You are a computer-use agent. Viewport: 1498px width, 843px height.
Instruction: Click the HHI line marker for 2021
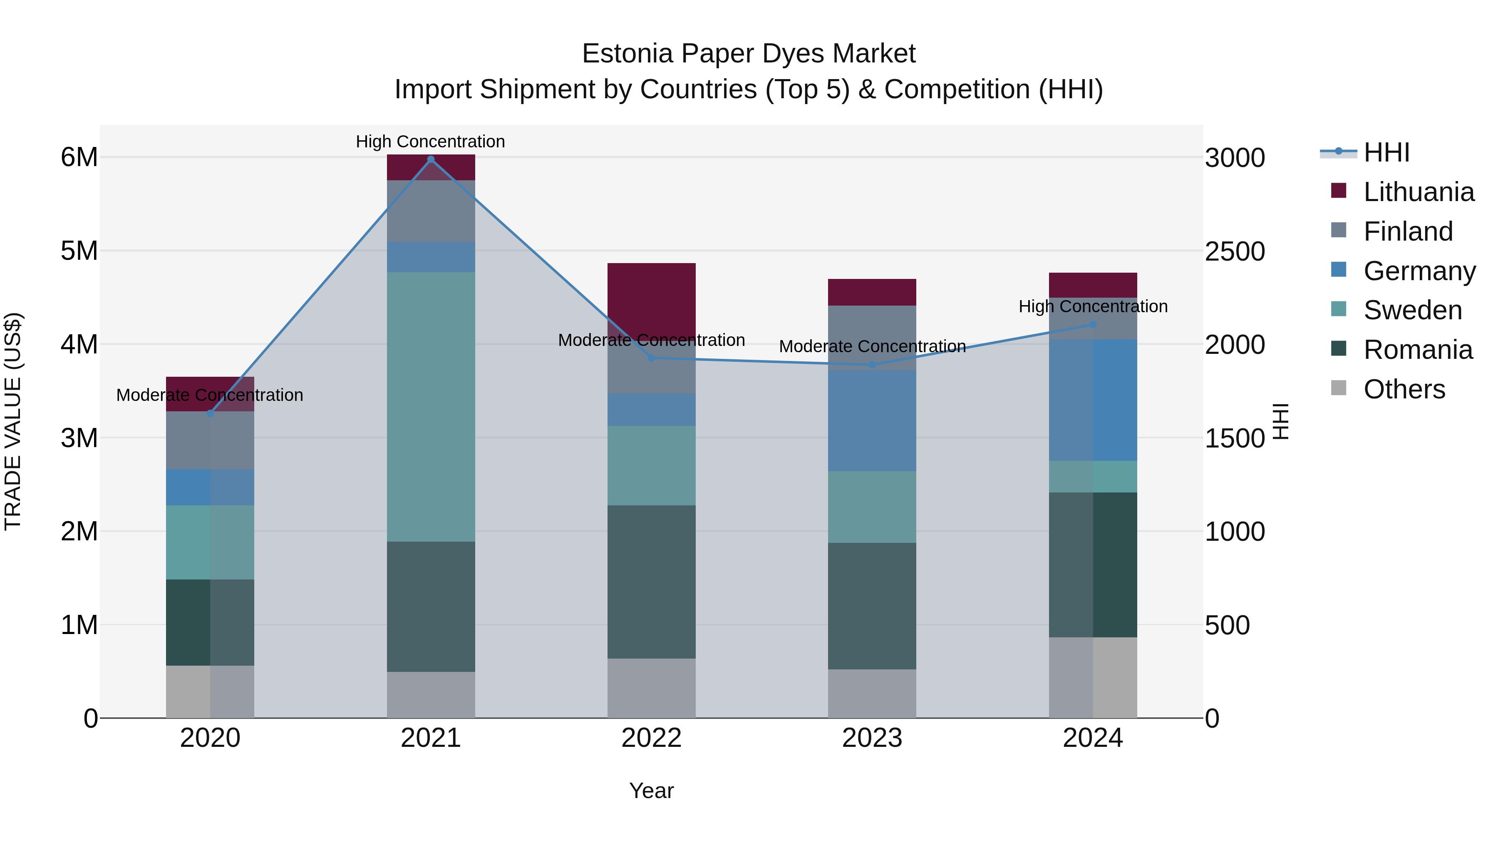431,159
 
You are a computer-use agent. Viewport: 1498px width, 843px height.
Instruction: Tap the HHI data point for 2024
1093,325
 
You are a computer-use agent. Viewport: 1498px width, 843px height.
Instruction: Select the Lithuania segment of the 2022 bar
651,297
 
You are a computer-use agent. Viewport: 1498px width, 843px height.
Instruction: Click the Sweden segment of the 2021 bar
431,407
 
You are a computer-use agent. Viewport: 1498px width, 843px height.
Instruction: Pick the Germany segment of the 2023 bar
872,420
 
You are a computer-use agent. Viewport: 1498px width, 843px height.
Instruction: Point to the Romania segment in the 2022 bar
651,582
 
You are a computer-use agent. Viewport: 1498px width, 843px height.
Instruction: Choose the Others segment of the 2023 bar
872,694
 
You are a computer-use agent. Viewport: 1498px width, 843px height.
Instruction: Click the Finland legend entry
1408,231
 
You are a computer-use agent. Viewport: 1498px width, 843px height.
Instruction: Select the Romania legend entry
1418,350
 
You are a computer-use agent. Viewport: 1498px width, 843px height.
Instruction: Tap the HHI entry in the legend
1386,152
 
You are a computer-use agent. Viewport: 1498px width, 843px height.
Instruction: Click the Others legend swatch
1339,388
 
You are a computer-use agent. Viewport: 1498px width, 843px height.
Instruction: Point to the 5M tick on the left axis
79,251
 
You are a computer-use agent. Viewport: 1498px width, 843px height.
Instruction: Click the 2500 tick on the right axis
1235,252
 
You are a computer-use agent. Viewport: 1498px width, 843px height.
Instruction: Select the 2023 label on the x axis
872,738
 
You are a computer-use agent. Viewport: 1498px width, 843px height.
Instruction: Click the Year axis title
651,791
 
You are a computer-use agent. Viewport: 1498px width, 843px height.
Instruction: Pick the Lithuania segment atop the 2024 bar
1093,285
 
